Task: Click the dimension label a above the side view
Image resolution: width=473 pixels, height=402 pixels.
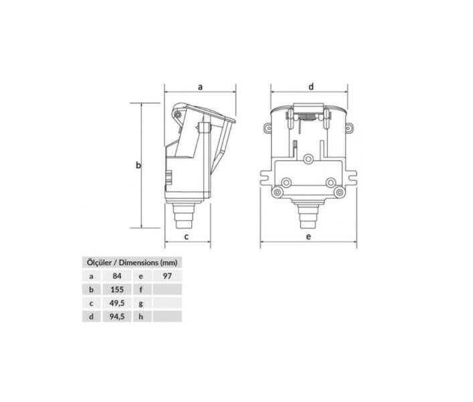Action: click(x=200, y=87)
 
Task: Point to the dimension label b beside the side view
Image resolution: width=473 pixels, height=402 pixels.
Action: click(x=138, y=165)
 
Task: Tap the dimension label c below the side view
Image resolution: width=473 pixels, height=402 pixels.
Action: click(x=187, y=237)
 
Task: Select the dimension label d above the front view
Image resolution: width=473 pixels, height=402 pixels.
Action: click(x=311, y=86)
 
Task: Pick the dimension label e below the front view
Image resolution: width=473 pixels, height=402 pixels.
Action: click(x=308, y=237)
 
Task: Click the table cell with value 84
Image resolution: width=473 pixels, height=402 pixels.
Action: click(x=116, y=276)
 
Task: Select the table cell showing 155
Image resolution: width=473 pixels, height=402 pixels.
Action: click(x=117, y=289)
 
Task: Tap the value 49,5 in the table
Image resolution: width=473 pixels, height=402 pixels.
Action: click(x=117, y=303)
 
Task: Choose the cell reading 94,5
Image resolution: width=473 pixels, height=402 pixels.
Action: click(x=117, y=316)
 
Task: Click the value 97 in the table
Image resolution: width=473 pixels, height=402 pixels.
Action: click(x=167, y=276)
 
